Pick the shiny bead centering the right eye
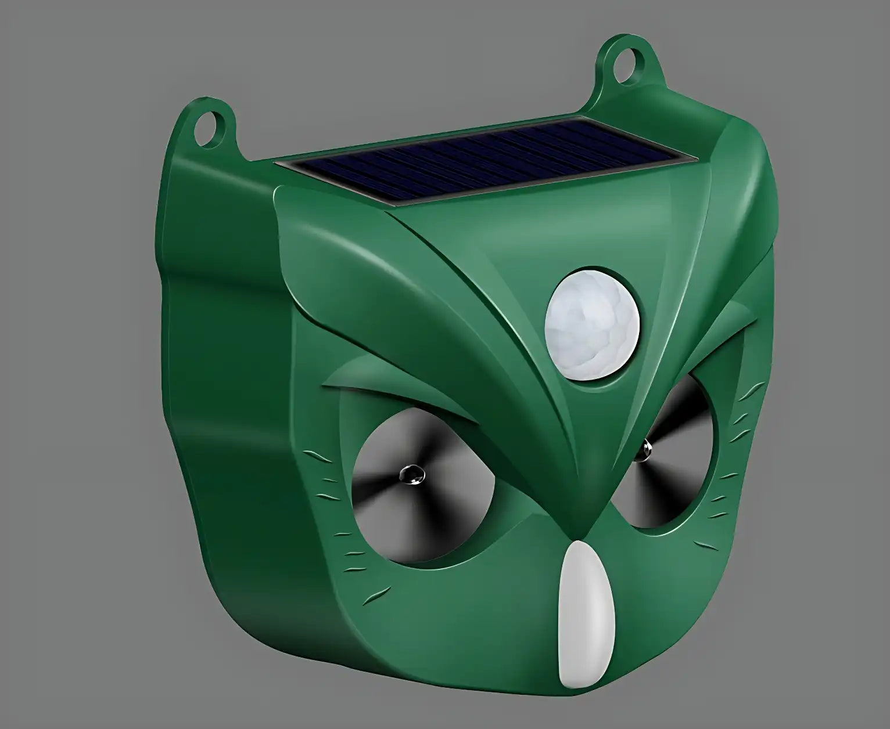click(646, 448)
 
